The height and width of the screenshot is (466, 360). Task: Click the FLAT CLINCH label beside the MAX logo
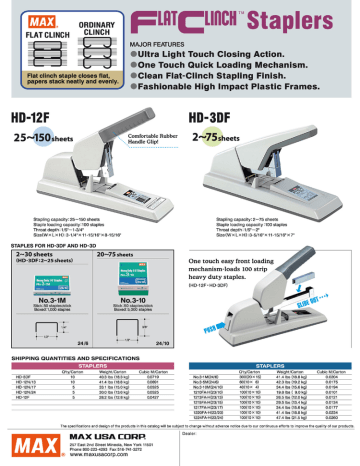pos(30,32)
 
